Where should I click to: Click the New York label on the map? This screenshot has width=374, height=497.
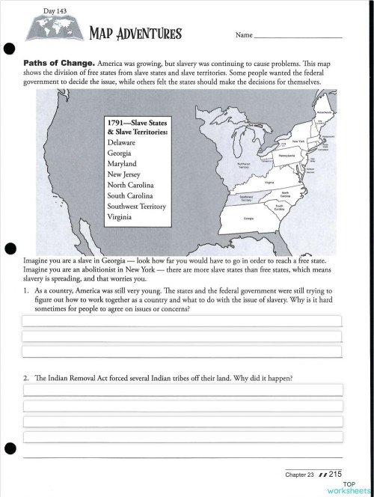coord(298,141)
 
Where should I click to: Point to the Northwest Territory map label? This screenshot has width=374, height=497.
coord(242,168)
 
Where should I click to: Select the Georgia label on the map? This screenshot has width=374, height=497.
coord(247,219)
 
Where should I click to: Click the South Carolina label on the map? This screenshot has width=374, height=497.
coord(279,207)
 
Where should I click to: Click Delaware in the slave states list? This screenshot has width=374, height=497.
coord(121,141)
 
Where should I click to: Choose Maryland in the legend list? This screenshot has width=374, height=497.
coord(122,162)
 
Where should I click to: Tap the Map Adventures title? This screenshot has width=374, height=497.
coord(135,34)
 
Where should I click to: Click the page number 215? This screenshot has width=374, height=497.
coord(334,474)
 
